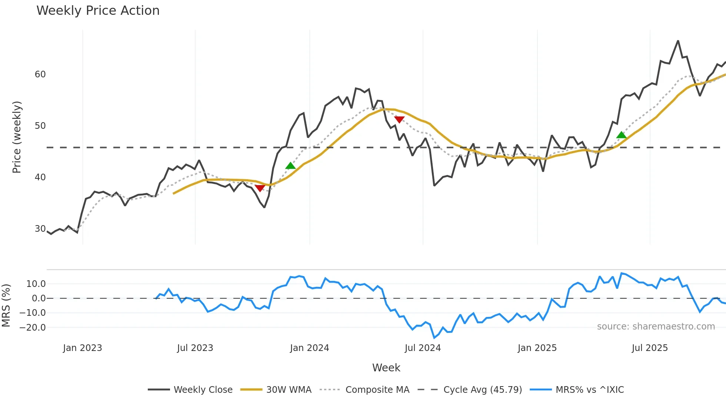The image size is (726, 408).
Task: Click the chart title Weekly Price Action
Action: tap(98, 11)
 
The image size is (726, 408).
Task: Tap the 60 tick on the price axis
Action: tap(40, 74)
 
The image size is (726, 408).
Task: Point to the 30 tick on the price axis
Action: tap(40, 229)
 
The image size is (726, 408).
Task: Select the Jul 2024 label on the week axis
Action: tap(423, 348)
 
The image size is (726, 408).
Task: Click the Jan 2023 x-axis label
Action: tap(82, 348)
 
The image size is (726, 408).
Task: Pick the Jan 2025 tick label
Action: tap(537, 348)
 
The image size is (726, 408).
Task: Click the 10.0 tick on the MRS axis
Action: tap(36, 284)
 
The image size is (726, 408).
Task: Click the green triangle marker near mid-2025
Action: tap(622, 135)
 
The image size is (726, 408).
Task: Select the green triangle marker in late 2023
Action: tap(290, 166)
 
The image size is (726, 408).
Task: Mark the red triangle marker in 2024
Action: tap(399, 120)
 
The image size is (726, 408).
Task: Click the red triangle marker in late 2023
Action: tap(260, 188)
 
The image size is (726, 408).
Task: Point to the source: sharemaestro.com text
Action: tap(656, 327)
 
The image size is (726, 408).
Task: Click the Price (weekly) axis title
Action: tap(17, 137)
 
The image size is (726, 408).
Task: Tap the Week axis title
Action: tap(386, 368)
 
